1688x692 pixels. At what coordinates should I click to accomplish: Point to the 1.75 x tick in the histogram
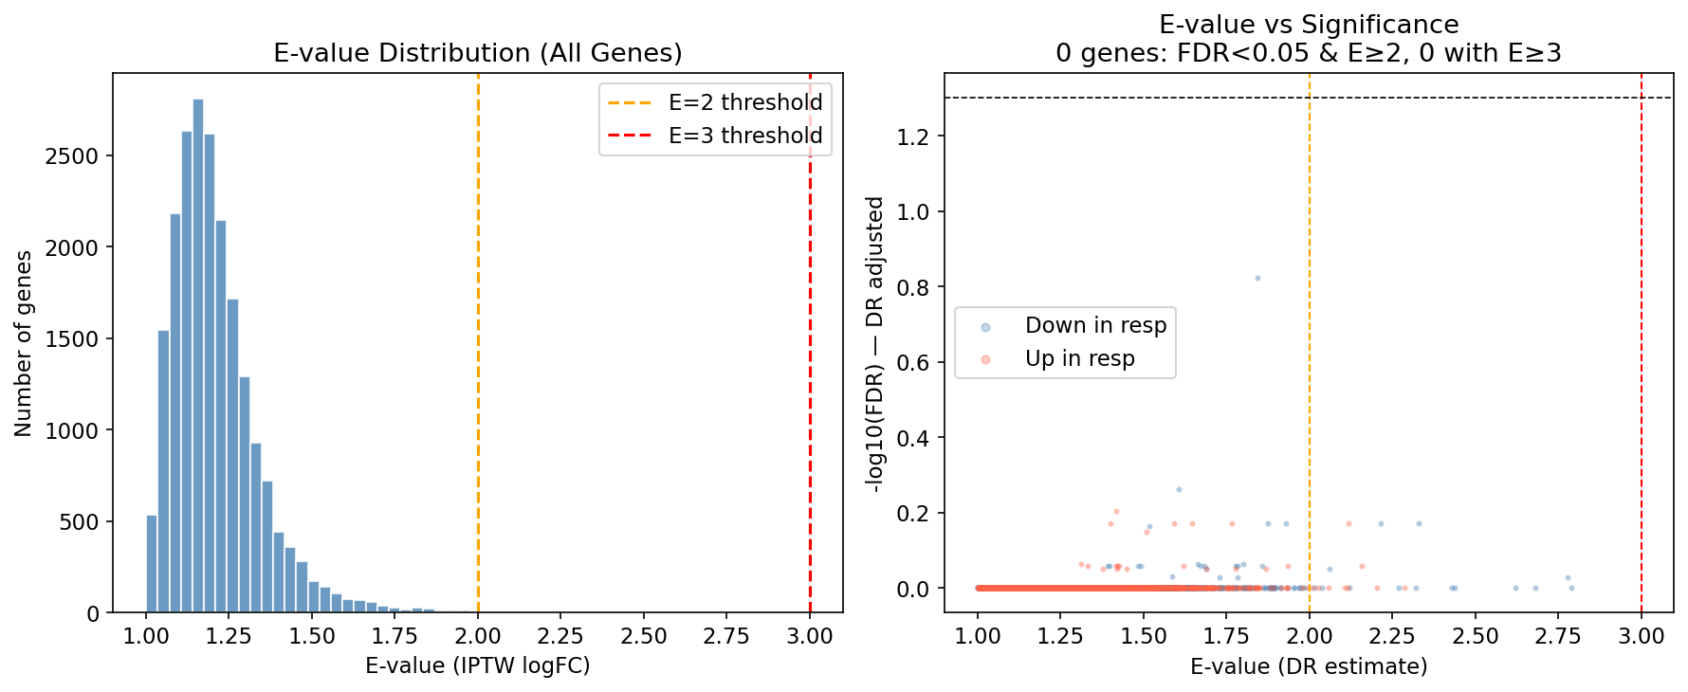(x=394, y=636)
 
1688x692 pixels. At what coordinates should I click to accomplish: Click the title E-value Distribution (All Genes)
(x=477, y=53)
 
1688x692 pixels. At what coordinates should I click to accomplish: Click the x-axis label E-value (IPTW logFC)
(x=477, y=666)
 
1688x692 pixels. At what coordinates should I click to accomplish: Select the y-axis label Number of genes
(x=24, y=343)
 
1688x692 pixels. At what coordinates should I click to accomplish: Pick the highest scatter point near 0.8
(x=1257, y=278)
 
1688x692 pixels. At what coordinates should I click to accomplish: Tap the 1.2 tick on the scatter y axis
(x=913, y=137)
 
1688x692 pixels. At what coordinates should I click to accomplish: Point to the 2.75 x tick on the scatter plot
(x=1558, y=636)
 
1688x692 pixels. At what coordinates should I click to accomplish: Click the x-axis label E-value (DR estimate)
(x=1309, y=666)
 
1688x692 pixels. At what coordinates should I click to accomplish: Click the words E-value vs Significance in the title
(x=1309, y=25)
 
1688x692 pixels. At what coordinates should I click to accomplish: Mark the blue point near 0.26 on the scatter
(x=1179, y=489)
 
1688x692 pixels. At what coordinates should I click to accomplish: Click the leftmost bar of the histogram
(x=152, y=564)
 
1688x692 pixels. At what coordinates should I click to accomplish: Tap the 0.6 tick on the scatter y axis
(x=913, y=363)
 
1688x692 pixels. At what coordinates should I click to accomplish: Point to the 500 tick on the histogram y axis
(x=79, y=522)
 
